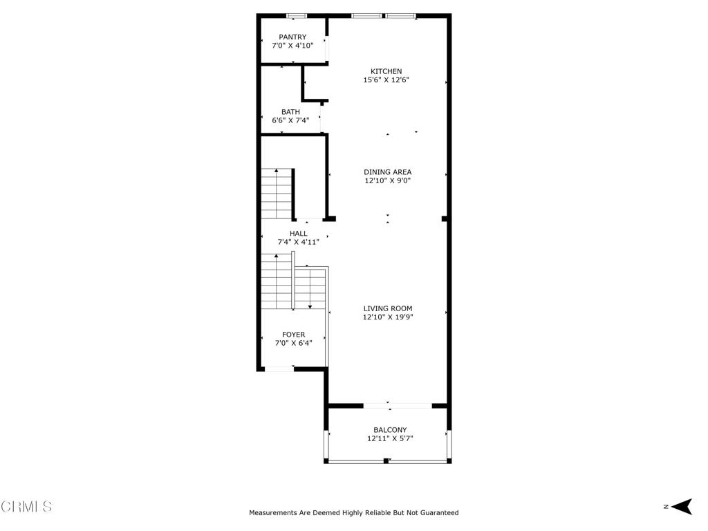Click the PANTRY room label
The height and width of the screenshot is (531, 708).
pos(292,37)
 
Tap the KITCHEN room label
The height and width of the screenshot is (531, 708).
pos(386,71)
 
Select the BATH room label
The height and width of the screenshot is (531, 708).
pos(290,112)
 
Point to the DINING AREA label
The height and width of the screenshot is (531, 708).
pos(387,172)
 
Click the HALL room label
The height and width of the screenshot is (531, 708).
pos(299,234)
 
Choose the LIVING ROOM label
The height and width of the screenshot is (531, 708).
pos(388,309)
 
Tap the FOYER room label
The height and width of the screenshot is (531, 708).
pos(293,335)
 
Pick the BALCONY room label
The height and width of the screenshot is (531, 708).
pos(390,430)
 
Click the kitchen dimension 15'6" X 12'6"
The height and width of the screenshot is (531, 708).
pos(386,80)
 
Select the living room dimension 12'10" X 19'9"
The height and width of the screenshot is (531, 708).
pos(388,317)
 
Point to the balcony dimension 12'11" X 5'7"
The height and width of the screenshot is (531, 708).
pos(390,438)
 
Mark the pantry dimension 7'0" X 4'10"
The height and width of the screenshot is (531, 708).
pos(292,46)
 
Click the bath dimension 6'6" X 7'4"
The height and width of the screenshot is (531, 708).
pos(290,120)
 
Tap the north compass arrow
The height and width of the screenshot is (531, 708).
pos(682,506)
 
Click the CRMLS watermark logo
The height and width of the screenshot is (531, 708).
pos(26,506)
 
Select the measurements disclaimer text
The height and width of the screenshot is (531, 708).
pos(354,512)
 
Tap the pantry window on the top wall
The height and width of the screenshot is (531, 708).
pos(297,17)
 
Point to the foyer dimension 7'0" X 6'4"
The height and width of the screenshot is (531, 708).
pos(293,343)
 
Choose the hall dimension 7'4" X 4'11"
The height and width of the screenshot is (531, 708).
pos(299,242)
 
